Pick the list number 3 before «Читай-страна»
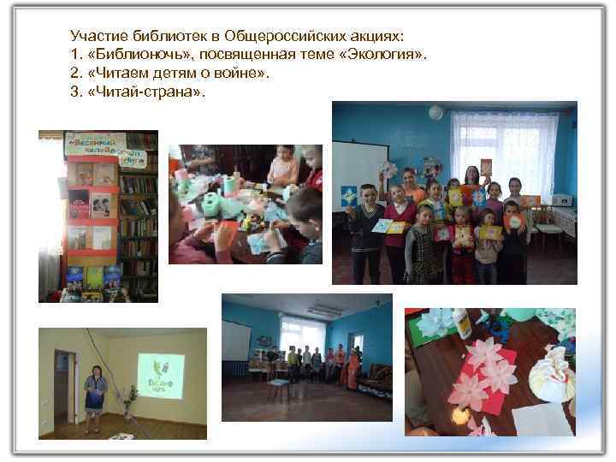pyautogui.click(x=74, y=92)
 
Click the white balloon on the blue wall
pyautogui.click(x=435, y=112)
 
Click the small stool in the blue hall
pyautogui.click(x=278, y=389)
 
